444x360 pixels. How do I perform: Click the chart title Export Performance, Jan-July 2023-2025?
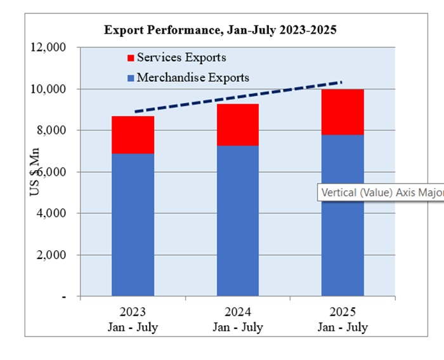219,30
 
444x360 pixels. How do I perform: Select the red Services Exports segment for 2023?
133,135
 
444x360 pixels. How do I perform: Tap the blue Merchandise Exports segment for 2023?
133,225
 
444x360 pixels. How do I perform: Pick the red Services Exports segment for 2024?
238,125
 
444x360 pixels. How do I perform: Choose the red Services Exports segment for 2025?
343,112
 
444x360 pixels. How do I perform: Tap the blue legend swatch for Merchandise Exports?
131,78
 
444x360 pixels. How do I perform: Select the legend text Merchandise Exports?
193,77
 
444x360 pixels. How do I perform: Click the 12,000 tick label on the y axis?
49,48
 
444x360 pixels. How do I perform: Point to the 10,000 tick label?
49,90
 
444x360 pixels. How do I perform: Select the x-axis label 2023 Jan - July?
133,320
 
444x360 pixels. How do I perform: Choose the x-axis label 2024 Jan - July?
238,320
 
